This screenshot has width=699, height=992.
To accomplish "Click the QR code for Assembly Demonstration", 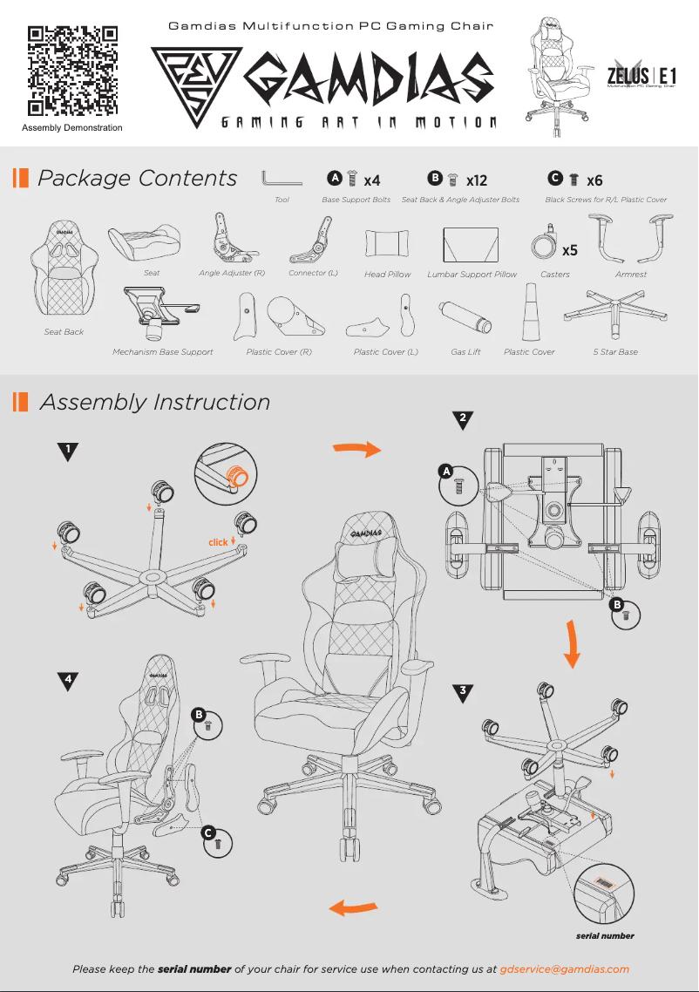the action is (x=72, y=71).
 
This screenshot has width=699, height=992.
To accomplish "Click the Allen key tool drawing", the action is (x=282, y=179).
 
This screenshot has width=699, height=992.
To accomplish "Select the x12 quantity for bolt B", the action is (x=477, y=181).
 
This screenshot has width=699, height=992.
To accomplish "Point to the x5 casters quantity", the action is (x=570, y=250).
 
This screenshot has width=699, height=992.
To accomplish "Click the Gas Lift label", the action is (x=465, y=352).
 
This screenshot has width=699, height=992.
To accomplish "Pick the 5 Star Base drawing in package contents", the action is (x=615, y=314).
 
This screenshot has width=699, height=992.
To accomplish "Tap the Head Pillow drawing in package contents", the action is (x=387, y=244).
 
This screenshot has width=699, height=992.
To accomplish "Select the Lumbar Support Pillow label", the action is (x=472, y=275).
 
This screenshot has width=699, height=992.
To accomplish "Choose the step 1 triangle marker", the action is (x=68, y=452).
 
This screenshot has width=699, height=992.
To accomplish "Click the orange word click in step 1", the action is (x=218, y=542).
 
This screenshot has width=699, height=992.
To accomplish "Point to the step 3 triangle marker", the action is (x=463, y=692).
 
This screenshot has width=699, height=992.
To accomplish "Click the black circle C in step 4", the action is (x=208, y=833).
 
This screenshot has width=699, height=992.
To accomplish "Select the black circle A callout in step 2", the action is (x=446, y=472).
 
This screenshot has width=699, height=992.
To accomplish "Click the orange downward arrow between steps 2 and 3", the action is (x=572, y=643).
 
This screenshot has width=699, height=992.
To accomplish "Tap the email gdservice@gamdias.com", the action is (x=564, y=969).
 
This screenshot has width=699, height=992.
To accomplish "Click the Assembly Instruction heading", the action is (x=155, y=403).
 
